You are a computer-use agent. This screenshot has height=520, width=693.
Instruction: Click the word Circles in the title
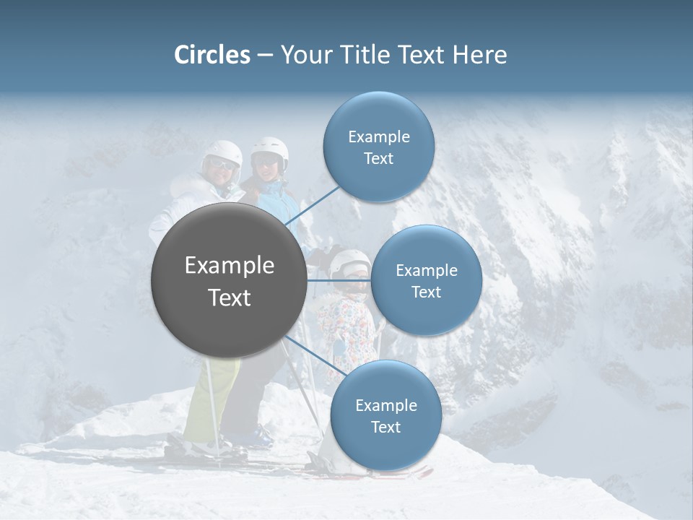pyautogui.click(x=212, y=55)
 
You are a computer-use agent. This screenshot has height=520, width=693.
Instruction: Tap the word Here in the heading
pyautogui.click(x=480, y=55)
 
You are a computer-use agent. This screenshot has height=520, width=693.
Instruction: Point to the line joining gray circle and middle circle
pyautogui.click(x=339, y=280)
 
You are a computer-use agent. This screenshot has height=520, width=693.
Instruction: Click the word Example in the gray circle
pyautogui.click(x=229, y=266)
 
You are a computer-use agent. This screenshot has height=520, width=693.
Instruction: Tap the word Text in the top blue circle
pyautogui.click(x=379, y=159)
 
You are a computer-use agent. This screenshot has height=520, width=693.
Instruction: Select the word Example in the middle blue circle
pyautogui.click(x=426, y=271)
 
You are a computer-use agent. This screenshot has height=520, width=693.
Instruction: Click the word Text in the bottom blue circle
pyautogui.click(x=385, y=428)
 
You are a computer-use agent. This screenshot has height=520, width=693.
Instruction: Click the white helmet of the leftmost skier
pyautogui.click(x=223, y=152)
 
